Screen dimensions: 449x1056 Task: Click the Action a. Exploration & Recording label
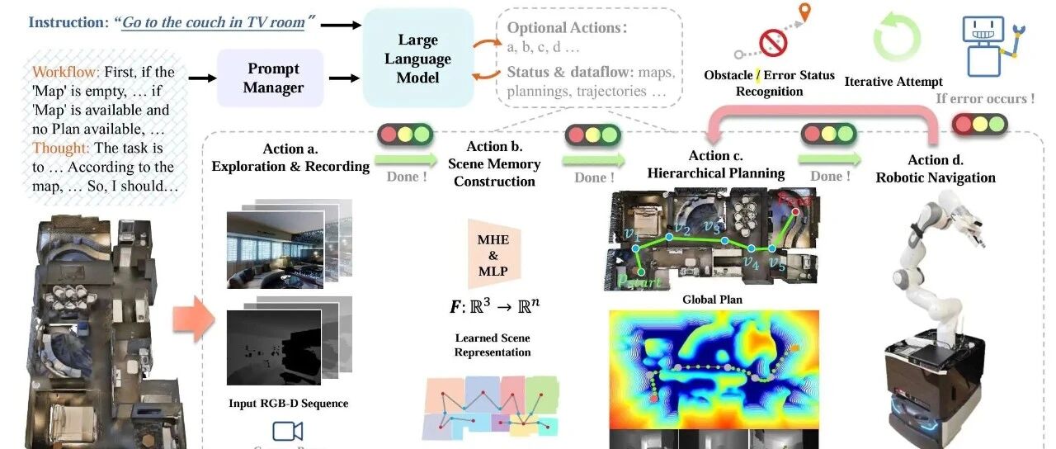point(290,158)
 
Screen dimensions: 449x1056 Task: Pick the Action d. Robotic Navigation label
point(935,169)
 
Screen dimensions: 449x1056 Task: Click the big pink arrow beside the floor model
point(193,319)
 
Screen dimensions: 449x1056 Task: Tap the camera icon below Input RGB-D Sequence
point(287,431)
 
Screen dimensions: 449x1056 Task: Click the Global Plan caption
point(714,300)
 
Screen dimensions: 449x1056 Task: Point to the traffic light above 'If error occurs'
point(980,125)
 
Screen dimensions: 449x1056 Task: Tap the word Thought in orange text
point(59,149)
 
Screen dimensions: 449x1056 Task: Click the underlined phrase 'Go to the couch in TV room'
point(213,23)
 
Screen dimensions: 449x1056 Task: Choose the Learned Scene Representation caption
point(493,345)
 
